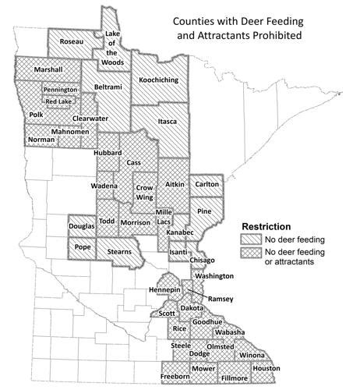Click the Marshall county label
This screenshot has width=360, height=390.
(49, 70)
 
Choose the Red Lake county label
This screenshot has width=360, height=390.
(60, 101)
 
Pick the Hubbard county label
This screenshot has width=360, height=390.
(108, 154)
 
